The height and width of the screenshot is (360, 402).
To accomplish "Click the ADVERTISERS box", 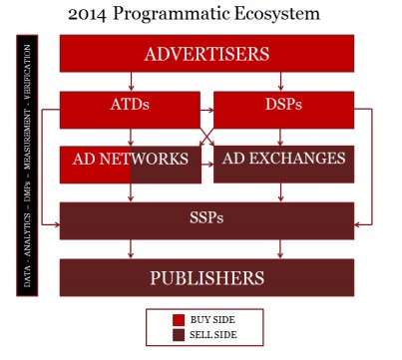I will tap(206, 53).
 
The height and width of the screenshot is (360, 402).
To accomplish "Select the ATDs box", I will tap(130, 104).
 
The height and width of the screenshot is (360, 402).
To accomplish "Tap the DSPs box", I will tap(283, 104).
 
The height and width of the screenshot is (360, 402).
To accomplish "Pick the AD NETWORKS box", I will tap(130, 160).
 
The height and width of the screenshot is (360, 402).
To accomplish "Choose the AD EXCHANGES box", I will tap(284, 160).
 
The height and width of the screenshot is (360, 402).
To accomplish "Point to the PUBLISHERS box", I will tap(206, 277).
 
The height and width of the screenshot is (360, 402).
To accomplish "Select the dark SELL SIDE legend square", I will tap(180, 334).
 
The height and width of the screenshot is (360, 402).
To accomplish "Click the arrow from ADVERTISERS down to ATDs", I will tap(130, 81).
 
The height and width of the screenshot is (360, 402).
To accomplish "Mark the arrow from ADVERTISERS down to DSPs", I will tap(283, 81).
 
